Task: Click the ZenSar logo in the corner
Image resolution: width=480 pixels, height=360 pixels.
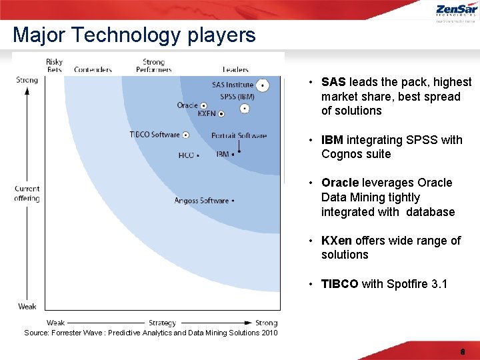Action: [x=456, y=12]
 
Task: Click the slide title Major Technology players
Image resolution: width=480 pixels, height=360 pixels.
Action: [x=134, y=35]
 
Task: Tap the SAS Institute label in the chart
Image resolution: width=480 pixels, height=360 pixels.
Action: [x=232, y=85]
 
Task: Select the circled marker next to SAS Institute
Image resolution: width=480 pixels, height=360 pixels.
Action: [x=263, y=85]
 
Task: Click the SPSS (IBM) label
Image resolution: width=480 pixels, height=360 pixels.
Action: [x=237, y=97]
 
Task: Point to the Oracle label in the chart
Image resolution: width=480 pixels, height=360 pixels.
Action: [x=187, y=105]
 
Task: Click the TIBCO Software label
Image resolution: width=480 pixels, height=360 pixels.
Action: [x=155, y=135]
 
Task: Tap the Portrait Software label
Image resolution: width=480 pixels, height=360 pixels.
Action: [x=239, y=136]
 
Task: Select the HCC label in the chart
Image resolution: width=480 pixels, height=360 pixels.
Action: [x=186, y=155]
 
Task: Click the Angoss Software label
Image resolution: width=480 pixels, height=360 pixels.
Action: [x=201, y=201]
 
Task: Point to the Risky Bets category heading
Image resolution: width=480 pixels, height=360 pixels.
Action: [x=55, y=66]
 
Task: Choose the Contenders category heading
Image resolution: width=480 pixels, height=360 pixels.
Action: [x=93, y=69]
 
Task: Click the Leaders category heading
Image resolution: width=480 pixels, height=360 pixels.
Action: [x=235, y=69]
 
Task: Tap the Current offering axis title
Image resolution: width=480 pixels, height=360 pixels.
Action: [x=27, y=193]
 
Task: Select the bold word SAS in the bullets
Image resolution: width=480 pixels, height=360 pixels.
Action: [x=333, y=82]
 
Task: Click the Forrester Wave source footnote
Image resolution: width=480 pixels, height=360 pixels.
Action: [x=151, y=333]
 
